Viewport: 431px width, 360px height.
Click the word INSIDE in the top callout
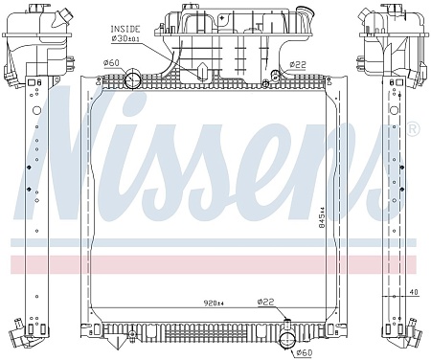click(x=125, y=29)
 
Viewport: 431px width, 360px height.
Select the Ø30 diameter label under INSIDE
click(x=125, y=39)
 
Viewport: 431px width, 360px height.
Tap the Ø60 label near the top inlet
click(x=111, y=63)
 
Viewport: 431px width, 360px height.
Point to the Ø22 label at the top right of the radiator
click(x=298, y=65)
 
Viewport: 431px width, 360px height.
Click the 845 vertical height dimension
click(x=322, y=217)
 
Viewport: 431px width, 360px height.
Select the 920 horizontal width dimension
click(x=215, y=303)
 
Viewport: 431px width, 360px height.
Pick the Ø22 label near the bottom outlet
click(x=266, y=302)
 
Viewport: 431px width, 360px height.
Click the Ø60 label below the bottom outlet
click(x=305, y=353)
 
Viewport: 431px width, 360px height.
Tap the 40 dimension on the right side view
click(x=413, y=292)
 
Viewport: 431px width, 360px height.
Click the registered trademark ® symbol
click(x=414, y=128)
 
